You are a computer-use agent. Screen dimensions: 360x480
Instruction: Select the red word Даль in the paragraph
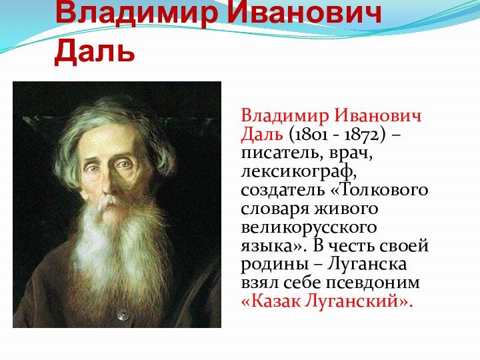(x=263, y=135)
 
